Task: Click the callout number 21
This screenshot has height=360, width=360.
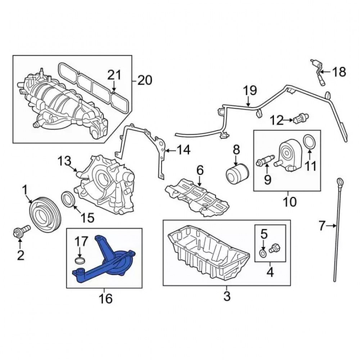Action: [114, 75]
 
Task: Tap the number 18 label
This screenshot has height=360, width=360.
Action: [339, 72]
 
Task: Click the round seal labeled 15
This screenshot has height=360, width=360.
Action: [68, 198]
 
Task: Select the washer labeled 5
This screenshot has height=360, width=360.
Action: [263, 253]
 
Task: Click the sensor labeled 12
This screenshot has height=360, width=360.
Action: [301, 118]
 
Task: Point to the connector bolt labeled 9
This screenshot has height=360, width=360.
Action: [265, 160]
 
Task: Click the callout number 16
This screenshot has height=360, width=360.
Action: [106, 298]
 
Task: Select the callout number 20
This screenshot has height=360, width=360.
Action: [145, 80]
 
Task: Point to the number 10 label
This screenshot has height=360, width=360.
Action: [290, 202]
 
